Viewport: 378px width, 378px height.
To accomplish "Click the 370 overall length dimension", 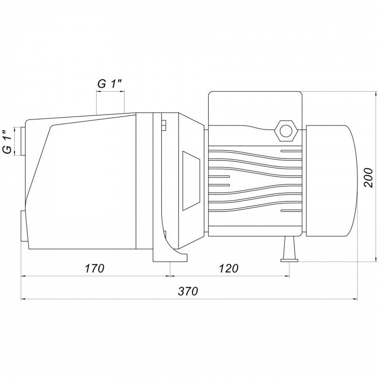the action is (x=188, y=291).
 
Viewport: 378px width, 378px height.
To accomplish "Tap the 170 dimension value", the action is (x=95, y=268).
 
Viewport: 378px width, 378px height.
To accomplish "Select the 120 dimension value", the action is (x=228, y=268).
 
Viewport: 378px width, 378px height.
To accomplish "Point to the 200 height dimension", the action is (x=368, y=177).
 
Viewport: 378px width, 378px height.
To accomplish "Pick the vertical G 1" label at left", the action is (x=7, y=142).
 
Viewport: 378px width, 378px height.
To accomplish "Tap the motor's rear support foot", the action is (x=289, y=249).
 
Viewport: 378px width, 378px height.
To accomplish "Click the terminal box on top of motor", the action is (x=255, y=108).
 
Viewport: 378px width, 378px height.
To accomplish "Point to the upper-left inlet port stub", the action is (x=23, y=141).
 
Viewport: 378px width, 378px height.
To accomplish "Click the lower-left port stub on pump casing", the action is (x=24, y=226).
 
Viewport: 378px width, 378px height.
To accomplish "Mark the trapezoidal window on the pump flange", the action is (x=191, y=181).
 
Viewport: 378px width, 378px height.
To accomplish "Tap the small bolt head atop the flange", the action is (x=164, y=125).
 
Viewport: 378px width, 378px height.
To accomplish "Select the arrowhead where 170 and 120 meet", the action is (x=170, y=276).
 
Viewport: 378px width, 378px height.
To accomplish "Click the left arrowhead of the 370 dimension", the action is (x=23, y=299).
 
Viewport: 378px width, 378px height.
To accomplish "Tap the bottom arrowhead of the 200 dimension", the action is (x=376, y=259).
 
